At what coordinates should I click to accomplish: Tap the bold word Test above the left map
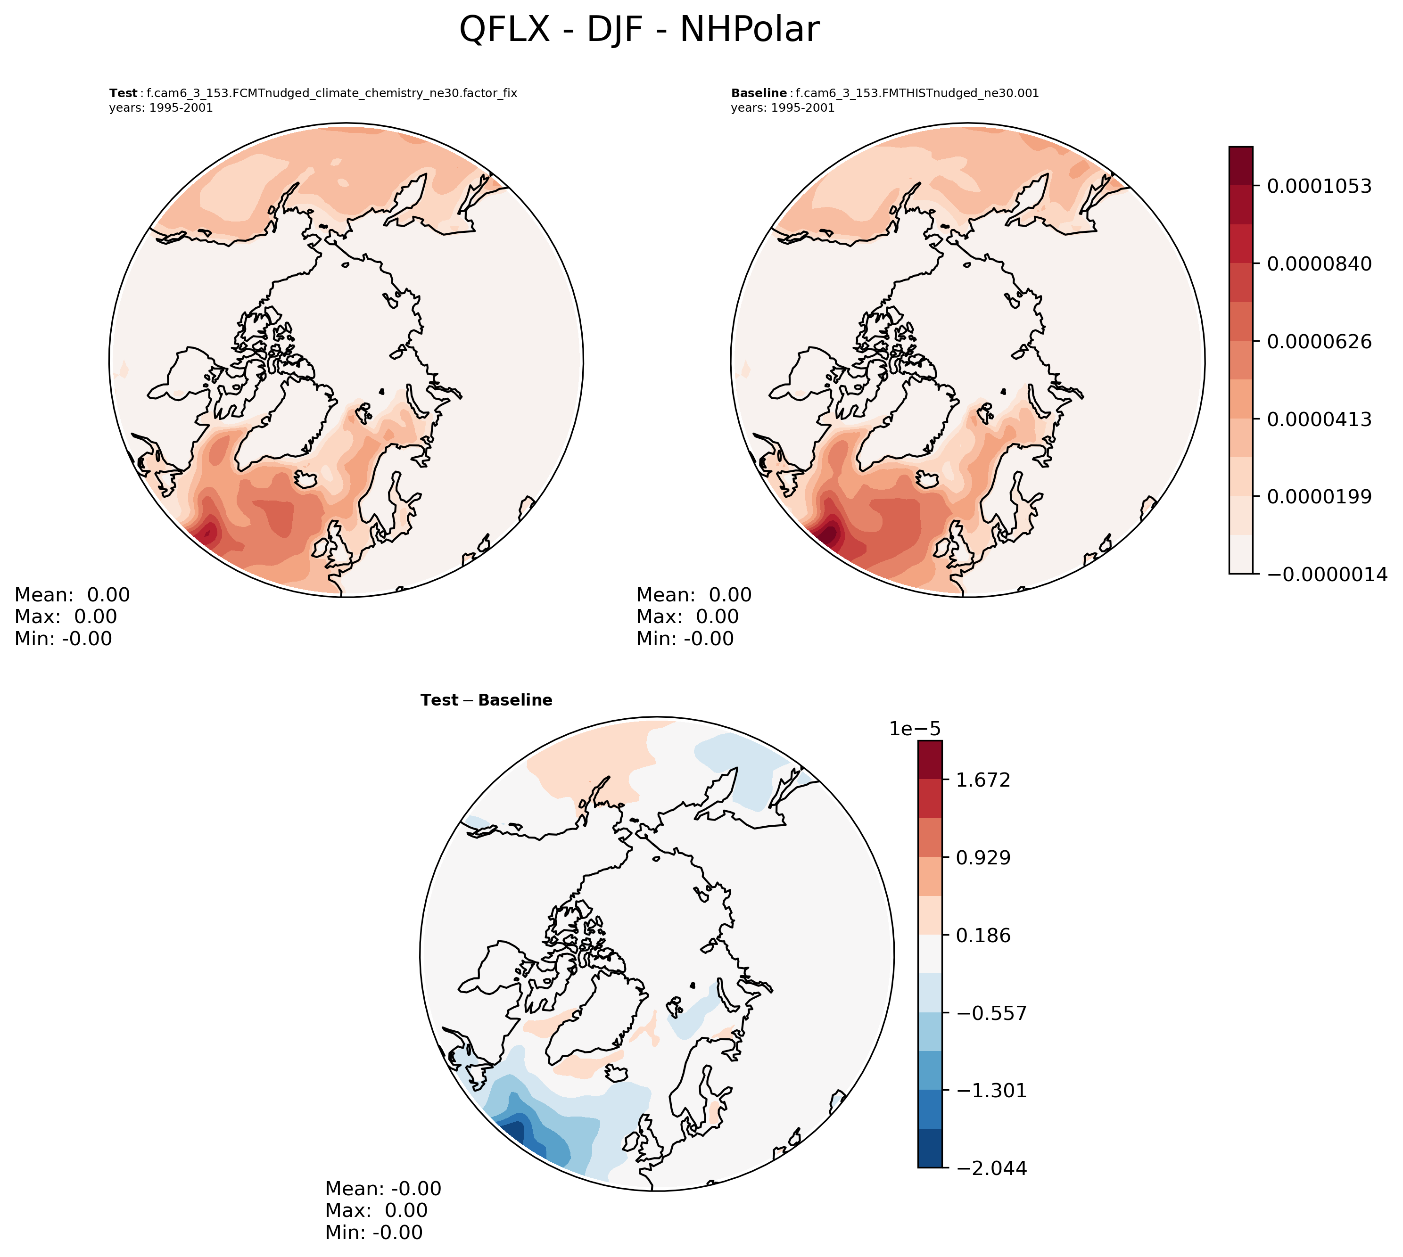[124, 93]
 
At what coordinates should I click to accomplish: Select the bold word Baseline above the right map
[759, 93]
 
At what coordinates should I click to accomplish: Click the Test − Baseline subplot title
[487, 700]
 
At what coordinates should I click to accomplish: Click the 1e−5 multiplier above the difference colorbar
[915, 729]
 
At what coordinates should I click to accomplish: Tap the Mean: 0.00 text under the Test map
[72, 595]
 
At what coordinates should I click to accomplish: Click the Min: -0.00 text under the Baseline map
[685, 639]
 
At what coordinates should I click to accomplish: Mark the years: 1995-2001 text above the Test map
[161, 108]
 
